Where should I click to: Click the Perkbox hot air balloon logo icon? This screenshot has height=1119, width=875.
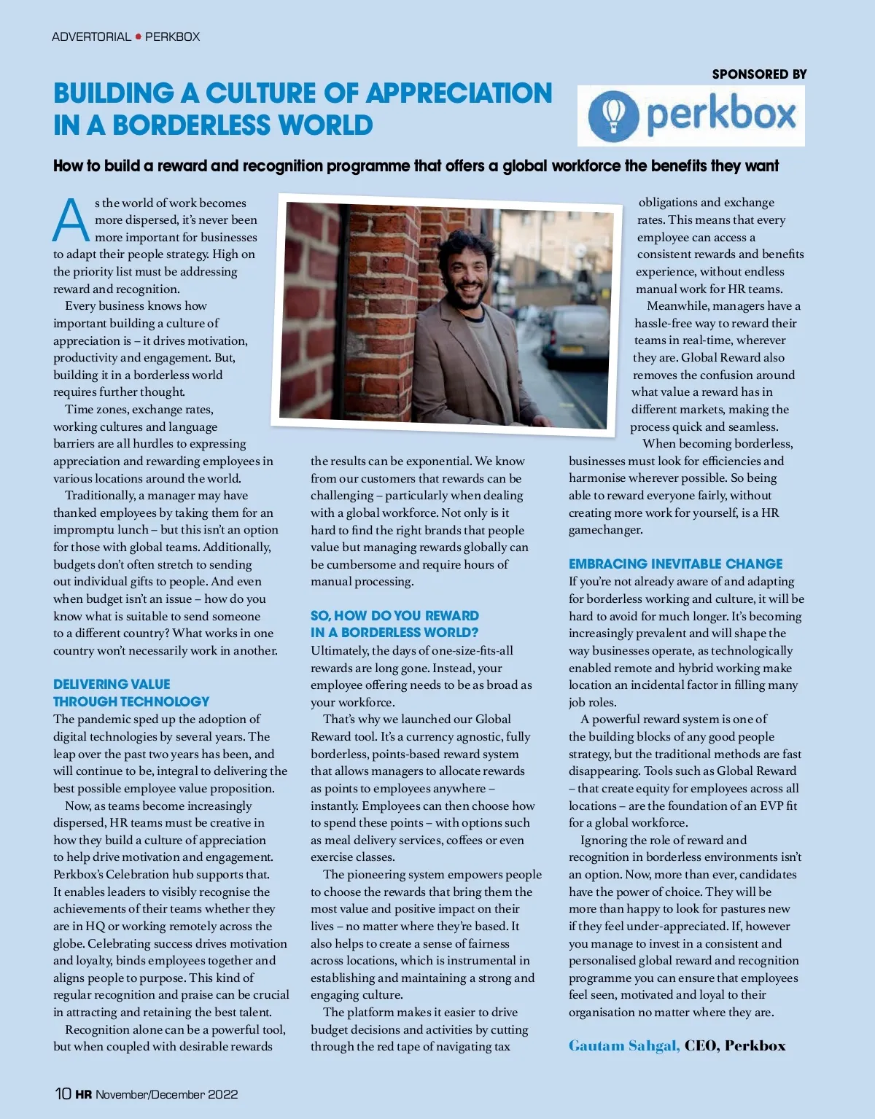pos(614,115)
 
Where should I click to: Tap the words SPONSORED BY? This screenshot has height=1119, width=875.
pos(759,74)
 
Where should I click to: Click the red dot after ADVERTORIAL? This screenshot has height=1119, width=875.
pos(138,36)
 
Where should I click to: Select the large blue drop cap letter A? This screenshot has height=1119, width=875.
pos(71,219)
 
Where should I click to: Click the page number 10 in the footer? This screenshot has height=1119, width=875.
pos(63,1093)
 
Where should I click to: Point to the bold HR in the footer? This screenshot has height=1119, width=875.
pos(83,1094)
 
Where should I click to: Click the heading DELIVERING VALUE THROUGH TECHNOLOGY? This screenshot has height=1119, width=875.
pos(131,693)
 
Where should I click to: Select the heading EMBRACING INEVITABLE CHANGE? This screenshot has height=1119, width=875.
pos(675,564)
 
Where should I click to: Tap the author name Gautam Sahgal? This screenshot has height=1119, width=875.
pos(623,1045)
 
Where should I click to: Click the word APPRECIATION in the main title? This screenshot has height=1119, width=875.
pos(459,93)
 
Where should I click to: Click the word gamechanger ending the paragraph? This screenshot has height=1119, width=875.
pos(605,530)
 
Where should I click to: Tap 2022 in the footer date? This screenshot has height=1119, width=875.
pos(223,1094)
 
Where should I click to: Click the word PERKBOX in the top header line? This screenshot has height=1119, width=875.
pos(172,36)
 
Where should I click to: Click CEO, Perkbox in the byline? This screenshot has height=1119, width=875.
pos(734,1045)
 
